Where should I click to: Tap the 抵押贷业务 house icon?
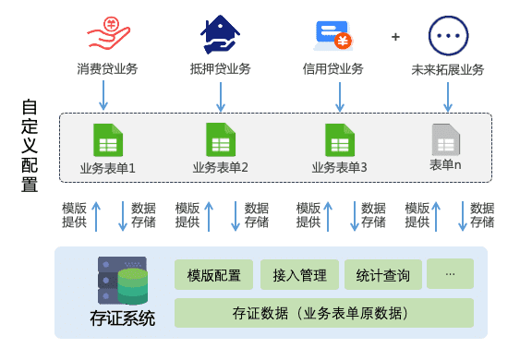[x=220, y=34]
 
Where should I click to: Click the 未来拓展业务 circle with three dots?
[x=447, y=36]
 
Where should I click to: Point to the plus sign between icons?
[x=395, y=37]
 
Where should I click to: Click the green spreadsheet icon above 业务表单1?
[x=108, y=140]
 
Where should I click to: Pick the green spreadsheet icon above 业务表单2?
[x=220, y=140]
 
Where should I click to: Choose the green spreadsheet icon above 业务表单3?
[x=339, y=140]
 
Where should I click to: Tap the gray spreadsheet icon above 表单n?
[x=445, y=140]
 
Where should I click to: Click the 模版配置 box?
[x=213, y=275]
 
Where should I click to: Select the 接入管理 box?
[x=300, y=275]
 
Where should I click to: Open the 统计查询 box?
[x=383, y=275]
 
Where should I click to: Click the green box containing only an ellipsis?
[x=450, y=274]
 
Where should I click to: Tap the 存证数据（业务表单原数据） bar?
[x=323, y=313]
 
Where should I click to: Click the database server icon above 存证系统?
[x=122, y=282]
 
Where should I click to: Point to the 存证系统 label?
[x=122, y=319]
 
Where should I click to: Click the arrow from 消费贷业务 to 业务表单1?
[x=104, y=93]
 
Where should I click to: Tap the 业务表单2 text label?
[x=220, y=168]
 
